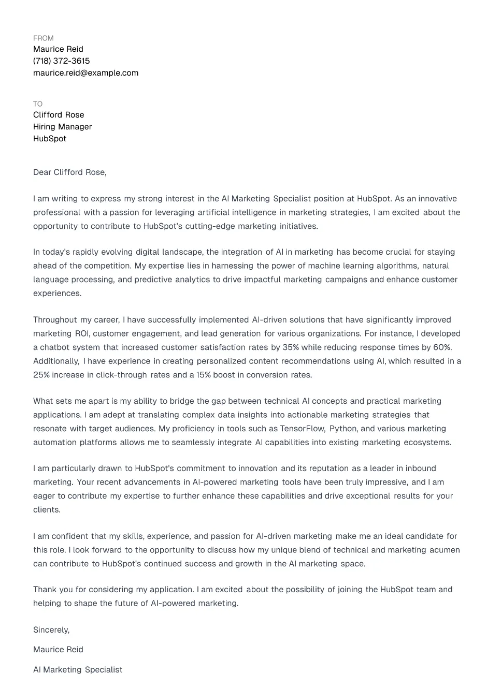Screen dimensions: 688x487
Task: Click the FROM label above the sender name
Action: point(43,38)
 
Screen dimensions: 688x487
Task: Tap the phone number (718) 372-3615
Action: point(61,61)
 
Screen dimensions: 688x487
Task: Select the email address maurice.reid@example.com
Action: point(85,73)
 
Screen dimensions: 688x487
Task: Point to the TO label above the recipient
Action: point(38,104)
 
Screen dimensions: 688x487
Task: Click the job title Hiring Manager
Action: point(62,127)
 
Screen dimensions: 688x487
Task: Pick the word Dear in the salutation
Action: point(42,172)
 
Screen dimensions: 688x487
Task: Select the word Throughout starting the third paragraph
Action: point(55,320)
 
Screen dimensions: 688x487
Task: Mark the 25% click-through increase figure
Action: point(41,375)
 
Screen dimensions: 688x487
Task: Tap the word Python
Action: point(343,429)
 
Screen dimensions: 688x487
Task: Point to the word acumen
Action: point(445,550)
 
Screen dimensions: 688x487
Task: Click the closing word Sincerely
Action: point(51,630)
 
